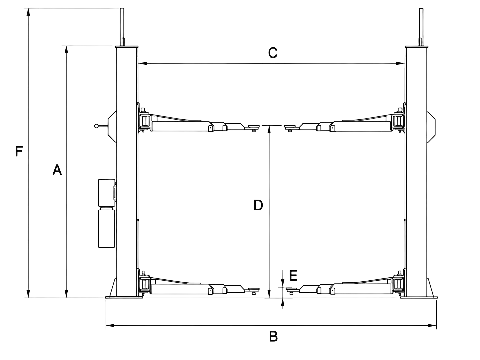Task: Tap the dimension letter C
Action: point(273,53)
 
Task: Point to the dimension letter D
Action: point(258,205)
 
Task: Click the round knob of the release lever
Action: point(96,126)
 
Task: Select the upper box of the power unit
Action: point(107,193)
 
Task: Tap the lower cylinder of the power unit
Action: point(106,229)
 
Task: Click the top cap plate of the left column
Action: point(127,47)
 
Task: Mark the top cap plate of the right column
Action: point(416,47)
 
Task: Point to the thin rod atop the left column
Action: point(122,27)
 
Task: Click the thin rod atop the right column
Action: point(421,27)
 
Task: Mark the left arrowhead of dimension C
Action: point(143,63)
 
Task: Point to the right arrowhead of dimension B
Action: point(432,326)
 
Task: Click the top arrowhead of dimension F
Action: point(28,12)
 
